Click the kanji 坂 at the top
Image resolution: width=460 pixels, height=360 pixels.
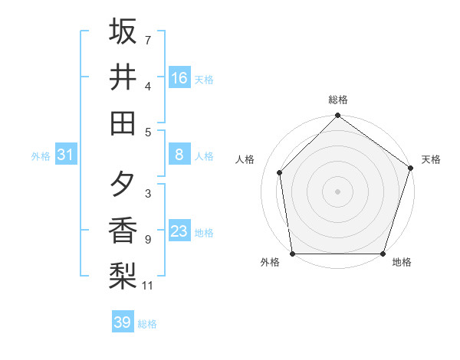point(123,32)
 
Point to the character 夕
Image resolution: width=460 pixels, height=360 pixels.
point(123,185)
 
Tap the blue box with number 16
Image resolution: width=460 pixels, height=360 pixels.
point(179,78)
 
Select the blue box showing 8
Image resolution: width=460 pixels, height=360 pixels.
point(179,155)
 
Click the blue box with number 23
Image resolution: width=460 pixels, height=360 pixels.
point(179,232)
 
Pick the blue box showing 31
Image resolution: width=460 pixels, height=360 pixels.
point(65,155)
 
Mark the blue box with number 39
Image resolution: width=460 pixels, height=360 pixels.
point(122,322)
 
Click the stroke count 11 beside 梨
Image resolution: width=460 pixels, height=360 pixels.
point(149,286)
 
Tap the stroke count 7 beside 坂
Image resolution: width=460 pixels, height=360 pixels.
point(147,39)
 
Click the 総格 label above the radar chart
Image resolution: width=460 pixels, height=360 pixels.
point(337,100)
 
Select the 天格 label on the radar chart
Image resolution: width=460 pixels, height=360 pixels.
point(431,159)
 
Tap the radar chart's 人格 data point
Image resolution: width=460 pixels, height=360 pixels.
point(280,172)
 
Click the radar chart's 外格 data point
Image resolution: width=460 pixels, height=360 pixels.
point(293,253)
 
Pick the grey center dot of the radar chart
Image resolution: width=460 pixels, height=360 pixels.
point(337,191)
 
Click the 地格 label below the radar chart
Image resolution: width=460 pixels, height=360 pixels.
point(402,263)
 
